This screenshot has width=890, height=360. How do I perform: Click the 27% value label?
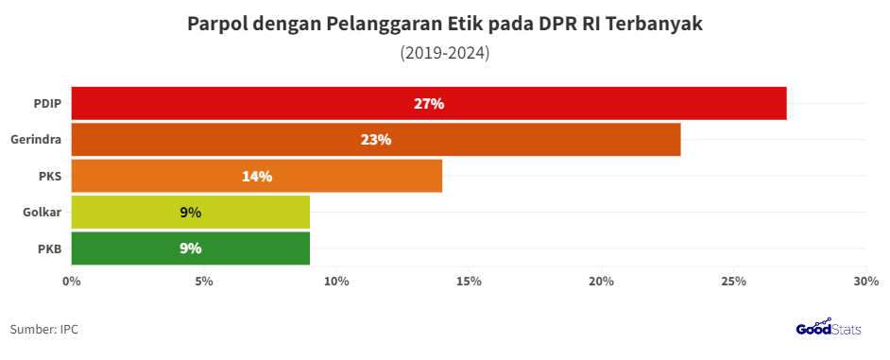tap(429, 104)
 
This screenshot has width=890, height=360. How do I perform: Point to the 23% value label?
tap(376, 140)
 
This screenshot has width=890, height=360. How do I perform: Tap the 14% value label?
tap(257, 176)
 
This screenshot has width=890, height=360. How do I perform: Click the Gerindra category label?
tap(36, 140)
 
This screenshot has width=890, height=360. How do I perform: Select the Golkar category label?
tap(42, 213)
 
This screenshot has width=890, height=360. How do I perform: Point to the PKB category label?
tap(49, 249)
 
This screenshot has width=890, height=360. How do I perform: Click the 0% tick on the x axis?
tap(71, 282)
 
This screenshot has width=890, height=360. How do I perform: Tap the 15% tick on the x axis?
tap(469, 282)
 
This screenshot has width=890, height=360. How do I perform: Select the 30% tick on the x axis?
tap(865, 282)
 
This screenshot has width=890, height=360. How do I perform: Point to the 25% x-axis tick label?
tap(734, 282)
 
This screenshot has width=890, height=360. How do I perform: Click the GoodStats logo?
tap(830, 328)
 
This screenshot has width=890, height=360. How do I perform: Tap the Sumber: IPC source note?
tap(44, 329)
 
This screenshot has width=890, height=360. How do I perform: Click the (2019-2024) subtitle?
tap(445, 53)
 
